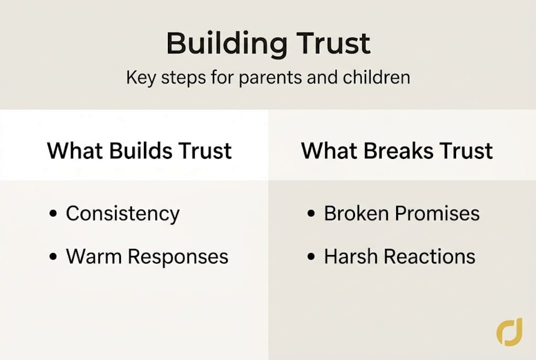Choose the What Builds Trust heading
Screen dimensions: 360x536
coord(139,151)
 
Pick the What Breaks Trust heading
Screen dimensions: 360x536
coord(397,151)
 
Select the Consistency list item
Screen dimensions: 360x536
coord(122,214)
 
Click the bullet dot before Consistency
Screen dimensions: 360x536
coord(53,214)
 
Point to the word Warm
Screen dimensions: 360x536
coord(93,256)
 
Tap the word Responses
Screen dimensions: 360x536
coord(178,257)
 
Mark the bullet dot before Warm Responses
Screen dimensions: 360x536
coord(53,257)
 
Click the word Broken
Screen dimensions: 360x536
coord(357,213)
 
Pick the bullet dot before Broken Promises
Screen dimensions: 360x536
coord(312,214)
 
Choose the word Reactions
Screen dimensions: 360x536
coord(429,256)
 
